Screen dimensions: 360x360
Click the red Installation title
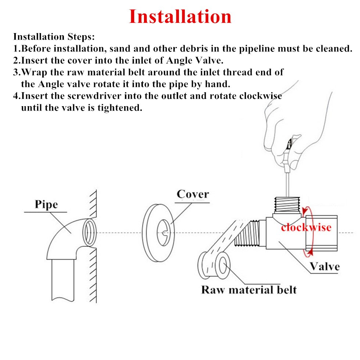(180, 17)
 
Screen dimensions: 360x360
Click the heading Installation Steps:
(54, 37)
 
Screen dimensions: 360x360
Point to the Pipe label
(46, 204)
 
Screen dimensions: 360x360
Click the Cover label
(192, 194)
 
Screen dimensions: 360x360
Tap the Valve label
(324, 266)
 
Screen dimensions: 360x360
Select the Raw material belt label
(249, 289)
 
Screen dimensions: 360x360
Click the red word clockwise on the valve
(306, 227)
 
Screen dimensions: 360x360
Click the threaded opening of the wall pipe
(89, 233)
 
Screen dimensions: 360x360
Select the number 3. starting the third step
(17, 72)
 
